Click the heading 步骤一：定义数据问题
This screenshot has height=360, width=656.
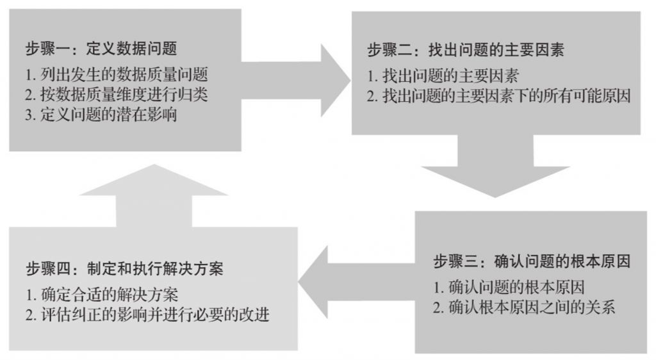(x=101, y=47)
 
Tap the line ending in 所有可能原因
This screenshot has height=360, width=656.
(x=499, y=96)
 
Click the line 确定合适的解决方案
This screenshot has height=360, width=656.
(x=101, y=295)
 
